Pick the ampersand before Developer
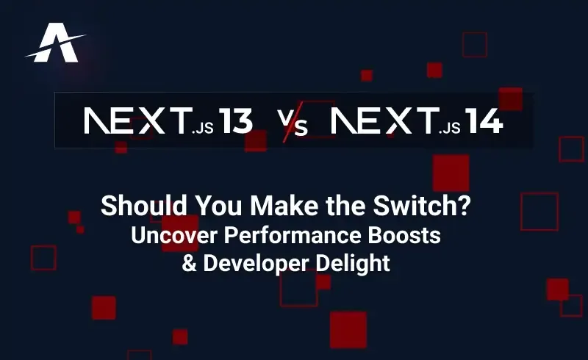click(x=189, y=263)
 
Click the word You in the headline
click(x=211, y=207)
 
